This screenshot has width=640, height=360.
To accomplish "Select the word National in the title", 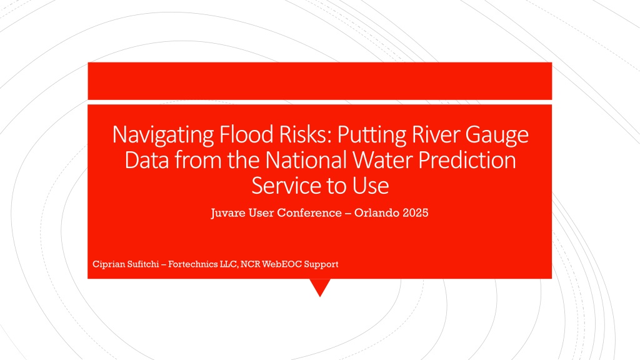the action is [x=306, y=159].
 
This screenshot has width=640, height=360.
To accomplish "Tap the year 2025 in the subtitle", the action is [x=416, y=212].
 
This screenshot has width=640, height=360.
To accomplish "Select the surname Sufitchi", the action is [x=143, y=264].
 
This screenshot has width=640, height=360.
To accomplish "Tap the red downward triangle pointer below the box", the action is [x=320, y=286].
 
